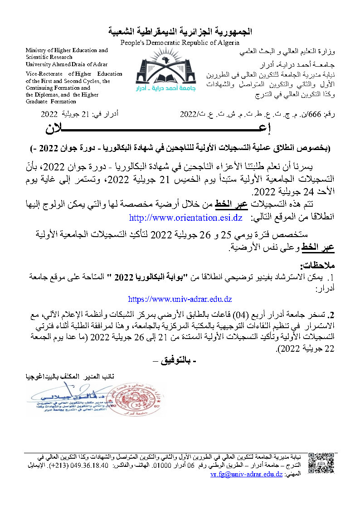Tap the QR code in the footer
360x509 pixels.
coord(324,463)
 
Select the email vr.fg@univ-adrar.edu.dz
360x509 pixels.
coord(247,474)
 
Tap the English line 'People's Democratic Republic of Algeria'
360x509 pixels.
coord(180,42)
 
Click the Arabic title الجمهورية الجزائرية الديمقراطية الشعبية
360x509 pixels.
coord(180,32)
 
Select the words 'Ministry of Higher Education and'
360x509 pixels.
coord(67,50)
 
